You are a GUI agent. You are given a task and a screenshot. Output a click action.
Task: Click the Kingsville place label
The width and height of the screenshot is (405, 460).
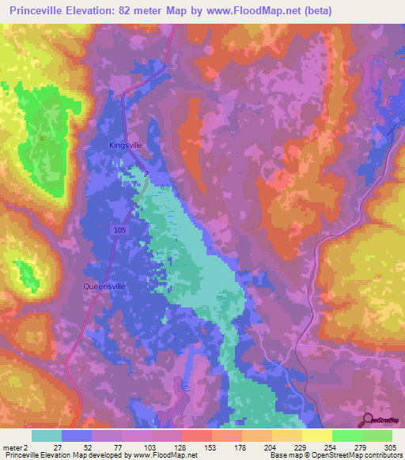tap(125, 145)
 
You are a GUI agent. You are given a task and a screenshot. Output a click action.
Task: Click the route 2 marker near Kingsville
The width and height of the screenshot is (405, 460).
tap(146, 172)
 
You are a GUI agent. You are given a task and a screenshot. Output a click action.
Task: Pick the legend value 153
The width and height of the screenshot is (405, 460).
tap(211, 447)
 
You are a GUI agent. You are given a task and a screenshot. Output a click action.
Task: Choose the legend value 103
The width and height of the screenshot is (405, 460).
tap(151, 447)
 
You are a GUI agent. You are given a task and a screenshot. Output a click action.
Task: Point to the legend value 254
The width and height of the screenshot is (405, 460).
tap(331, 447)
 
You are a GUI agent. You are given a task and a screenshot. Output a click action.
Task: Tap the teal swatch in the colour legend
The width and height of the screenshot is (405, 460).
tap(47, 435)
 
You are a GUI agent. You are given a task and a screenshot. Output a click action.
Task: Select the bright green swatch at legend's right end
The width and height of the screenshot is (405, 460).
tap(377, 435)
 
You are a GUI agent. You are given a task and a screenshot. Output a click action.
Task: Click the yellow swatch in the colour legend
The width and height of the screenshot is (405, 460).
tap(317, 435)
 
